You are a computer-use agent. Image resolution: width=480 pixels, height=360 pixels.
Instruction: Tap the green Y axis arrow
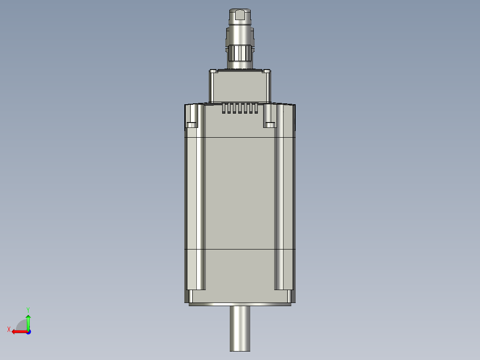(x=28, y=321)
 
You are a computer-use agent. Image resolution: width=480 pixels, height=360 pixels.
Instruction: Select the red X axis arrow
(x=19, y=331)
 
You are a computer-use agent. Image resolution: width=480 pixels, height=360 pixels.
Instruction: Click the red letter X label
(x=9, y=329)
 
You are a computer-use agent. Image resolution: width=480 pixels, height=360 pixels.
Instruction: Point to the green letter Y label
(x=28, y=309)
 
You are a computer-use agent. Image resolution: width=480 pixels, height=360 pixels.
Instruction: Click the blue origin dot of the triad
(x=28, y=331)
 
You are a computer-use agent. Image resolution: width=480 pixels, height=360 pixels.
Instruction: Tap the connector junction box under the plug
(x=240, y=87)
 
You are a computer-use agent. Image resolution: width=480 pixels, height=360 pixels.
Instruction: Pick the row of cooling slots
(x=240, y=108)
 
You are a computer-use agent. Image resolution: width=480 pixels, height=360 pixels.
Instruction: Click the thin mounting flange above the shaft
(x=240, y=304)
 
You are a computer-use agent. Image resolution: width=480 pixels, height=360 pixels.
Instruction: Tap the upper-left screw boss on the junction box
(x=214, y=71)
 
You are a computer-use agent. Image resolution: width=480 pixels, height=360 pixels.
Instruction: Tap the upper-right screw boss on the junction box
(x=266, y=71)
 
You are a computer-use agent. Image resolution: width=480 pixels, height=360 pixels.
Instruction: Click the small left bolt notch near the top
(x=192, y=124)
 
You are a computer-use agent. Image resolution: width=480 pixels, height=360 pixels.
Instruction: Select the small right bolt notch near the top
(x=269, y=124)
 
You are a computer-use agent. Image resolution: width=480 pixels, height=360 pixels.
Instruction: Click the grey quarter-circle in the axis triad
(x=21, y=325)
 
